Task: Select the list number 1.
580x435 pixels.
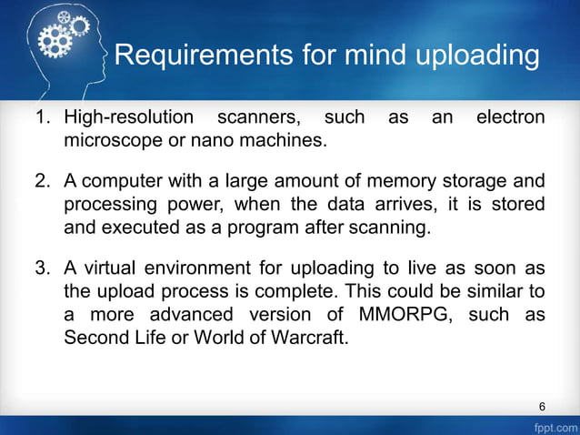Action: point(40,117)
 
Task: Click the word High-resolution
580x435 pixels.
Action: point(128,117)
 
